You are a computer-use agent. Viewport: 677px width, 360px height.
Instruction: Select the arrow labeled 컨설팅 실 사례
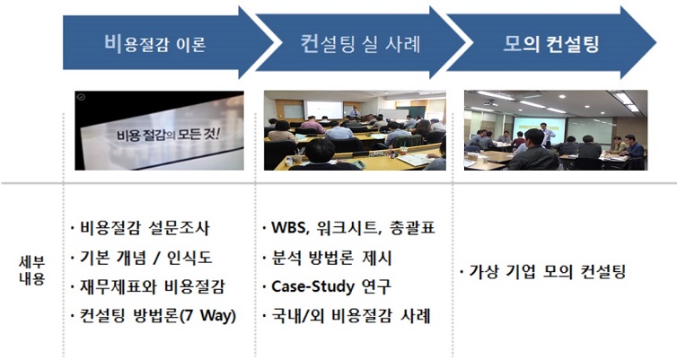[x=355, y=42]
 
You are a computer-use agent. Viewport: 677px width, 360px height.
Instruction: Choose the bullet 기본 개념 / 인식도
[x=144, y=258]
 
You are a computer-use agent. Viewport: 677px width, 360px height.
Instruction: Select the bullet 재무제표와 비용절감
[x=148, y=286]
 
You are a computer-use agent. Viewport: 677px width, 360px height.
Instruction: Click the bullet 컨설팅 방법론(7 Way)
[x=153, y=316]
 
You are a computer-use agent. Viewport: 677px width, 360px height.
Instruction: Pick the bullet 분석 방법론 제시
[x=332, y=258]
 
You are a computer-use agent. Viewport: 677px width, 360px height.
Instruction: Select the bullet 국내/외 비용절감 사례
[x=347, y=316]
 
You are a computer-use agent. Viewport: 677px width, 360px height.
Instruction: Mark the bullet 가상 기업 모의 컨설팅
[x=548, y=272]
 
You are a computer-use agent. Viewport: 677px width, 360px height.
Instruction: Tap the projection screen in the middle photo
[x=323, y=110]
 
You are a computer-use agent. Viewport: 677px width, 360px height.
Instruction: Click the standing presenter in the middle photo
[x=356, y=114]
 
